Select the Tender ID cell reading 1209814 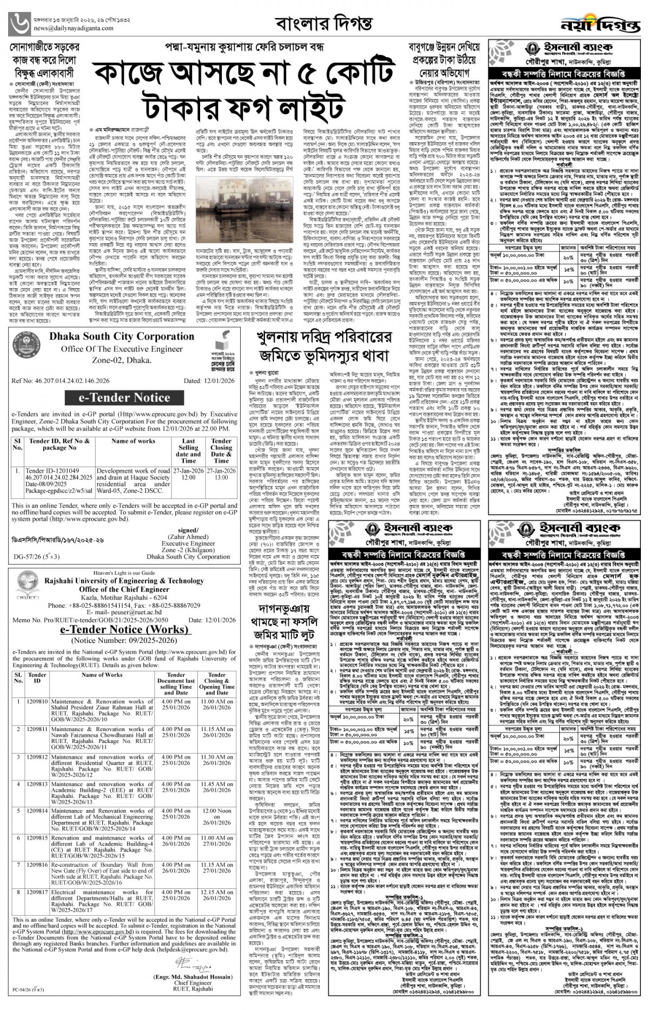click(x=37, y=811)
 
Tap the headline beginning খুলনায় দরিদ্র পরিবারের click(x=325, y=347)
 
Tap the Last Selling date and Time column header click(x=188, y=450)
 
